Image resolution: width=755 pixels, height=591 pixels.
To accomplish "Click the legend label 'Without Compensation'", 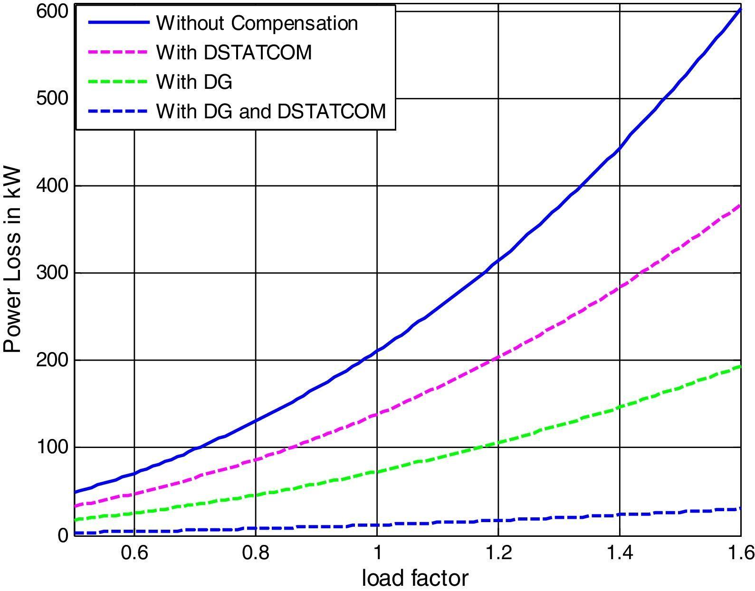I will coord(257,23).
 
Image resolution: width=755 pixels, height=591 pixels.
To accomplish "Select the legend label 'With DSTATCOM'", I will coord(234,52).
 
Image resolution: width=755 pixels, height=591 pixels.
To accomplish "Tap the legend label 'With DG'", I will coord(194,82).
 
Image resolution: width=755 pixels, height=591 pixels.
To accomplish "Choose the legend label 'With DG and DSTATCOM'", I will coord(271,111).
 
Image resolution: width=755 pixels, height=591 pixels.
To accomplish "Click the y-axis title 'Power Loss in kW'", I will coord(13,259).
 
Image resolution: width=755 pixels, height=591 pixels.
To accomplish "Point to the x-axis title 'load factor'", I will coord(415,578).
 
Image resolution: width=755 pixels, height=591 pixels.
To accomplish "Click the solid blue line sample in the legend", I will coord(116,23).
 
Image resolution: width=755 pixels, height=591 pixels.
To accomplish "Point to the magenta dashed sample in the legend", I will coord(116,52).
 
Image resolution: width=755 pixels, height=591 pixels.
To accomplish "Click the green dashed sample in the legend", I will coord(116,82).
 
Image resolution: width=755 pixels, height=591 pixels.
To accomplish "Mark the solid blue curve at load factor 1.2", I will coord(498,260).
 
